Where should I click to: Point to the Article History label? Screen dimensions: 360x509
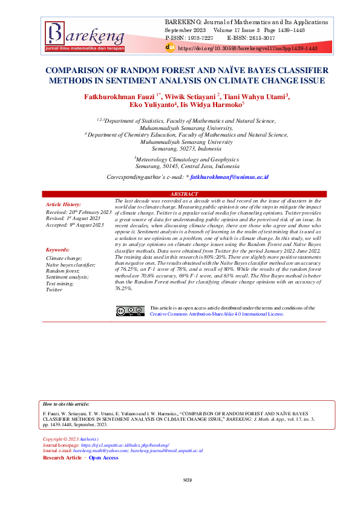pyautogui.click(x=64, y=205)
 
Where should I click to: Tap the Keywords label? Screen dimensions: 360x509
pyautogui.click(x=57, y=250)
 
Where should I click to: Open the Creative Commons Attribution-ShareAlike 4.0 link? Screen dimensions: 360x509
pyautogui.click(x=217, y=314)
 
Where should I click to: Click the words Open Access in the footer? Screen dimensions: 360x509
pyautogui.click(x=103, y=458)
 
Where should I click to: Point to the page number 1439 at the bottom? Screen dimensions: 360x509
pyautogui.click(x=187, y=480)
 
